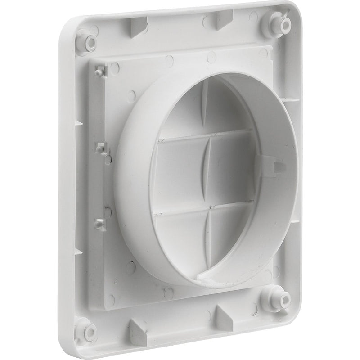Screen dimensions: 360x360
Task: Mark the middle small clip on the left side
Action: (101, 147)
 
